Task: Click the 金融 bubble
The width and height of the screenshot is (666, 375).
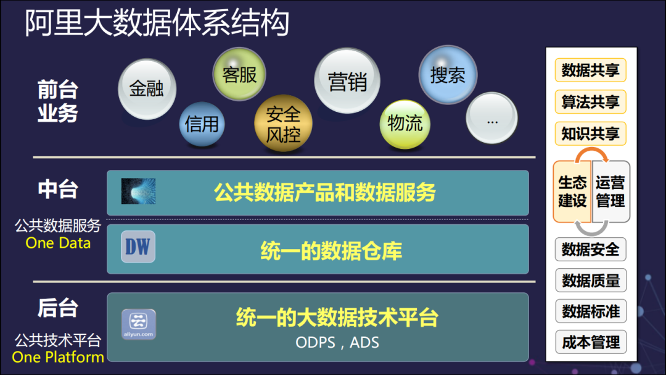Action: pos(147,88)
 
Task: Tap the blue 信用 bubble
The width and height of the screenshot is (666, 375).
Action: pos(202,124)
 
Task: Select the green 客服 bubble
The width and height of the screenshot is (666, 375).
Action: pos(239,75)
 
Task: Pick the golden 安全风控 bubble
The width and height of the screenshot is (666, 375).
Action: pos(283,124)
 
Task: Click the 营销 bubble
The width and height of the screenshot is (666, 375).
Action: pos(347,81)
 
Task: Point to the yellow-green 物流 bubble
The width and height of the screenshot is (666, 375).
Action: pos(405,124)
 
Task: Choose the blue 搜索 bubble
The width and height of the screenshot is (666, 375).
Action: pos(448,75)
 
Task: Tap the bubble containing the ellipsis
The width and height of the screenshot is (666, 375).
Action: pos(491,118)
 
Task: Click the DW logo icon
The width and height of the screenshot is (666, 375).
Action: pos(138,247)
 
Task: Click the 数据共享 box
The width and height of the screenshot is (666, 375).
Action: pos(590,70)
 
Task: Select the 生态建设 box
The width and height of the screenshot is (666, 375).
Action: pos(572,192)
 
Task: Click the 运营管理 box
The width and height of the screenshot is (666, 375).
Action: pos(610,192)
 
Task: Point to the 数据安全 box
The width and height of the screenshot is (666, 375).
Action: pos(590,250)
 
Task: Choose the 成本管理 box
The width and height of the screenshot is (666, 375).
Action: pos(590,342)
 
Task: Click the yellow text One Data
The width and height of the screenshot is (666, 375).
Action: pos(58,243)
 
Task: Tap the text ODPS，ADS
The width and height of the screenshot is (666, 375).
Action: pos(337,342)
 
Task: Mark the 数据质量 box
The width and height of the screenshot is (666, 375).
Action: pos(590,280)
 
